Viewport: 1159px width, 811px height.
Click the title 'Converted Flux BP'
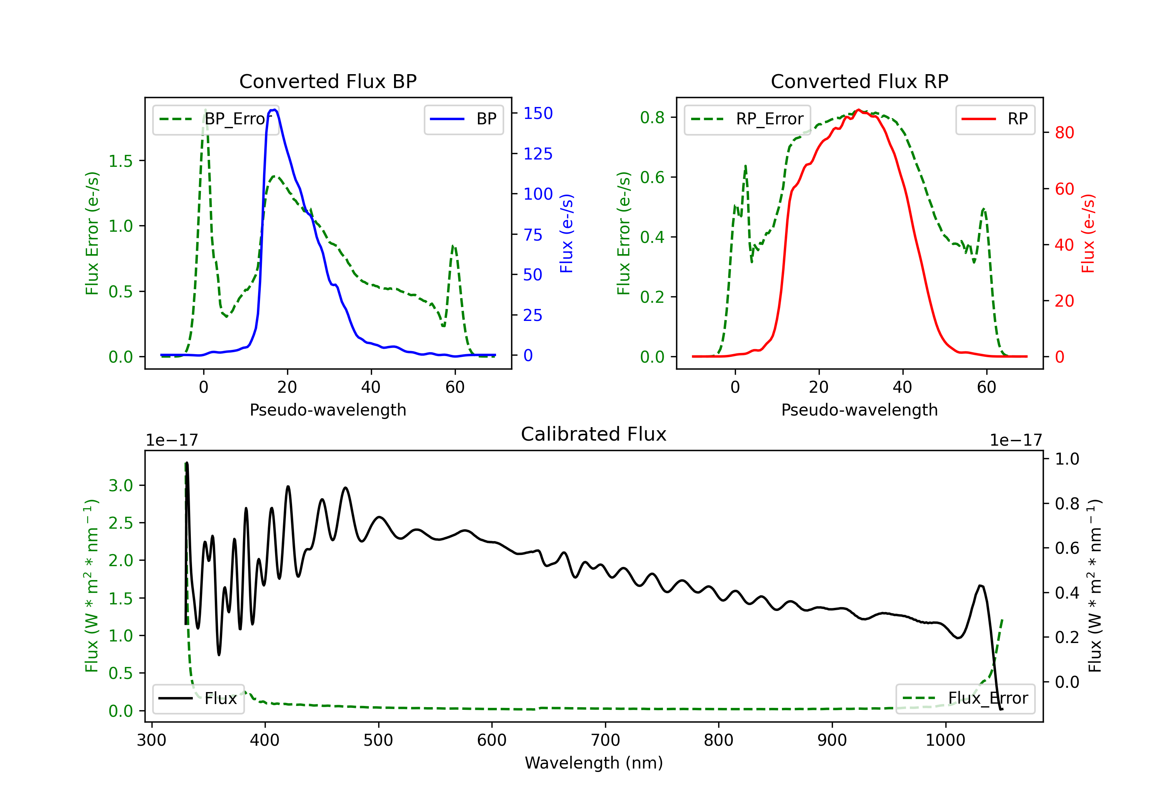[x=328, y=81]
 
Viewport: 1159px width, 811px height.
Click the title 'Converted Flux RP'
[x=859, y=81]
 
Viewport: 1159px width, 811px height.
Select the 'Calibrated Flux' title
[x=594, y=434]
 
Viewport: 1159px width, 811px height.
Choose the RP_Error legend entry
[x=747, y=119]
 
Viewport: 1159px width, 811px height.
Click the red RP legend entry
[x=995, y=119]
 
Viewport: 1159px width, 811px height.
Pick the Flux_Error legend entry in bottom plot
[x=965, y=699]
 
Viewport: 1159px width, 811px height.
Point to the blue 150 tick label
[x=538, y=114]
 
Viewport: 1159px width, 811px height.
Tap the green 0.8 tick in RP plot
[x=652, y=117]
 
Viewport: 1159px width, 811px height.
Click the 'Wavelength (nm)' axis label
[x=594, y=763]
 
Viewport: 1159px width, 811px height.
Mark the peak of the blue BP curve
[x=274, y=110]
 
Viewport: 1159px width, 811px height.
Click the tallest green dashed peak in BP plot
[x=205, y=110]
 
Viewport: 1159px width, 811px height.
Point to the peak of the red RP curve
[x=859, y=110]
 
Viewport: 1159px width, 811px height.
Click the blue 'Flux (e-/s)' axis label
[x=566, y=234]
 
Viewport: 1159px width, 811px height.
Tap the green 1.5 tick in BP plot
[x=121, y=161]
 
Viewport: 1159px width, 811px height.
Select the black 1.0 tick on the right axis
[x=1067, y=459]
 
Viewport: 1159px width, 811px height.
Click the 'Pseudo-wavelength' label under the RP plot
[x=859, y=410]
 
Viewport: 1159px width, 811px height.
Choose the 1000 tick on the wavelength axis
[x=945, y=740]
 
